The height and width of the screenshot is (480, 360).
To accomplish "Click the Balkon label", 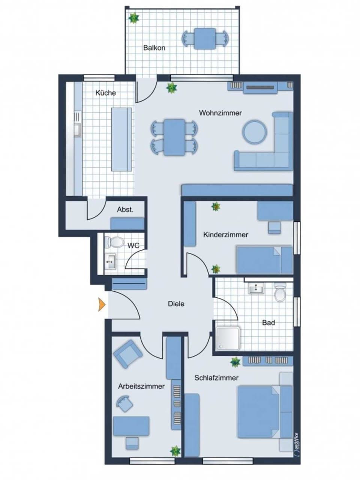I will (154, 48).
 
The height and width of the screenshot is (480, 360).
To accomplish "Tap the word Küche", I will (105, 93).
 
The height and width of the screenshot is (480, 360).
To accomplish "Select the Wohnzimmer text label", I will (220, 113).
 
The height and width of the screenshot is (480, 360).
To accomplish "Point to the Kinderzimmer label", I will (226, 235).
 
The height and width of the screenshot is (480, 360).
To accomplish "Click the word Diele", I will (176, 304).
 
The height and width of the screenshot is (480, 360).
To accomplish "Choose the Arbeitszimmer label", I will (141, 386).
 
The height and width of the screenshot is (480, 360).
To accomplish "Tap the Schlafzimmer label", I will (216, 378).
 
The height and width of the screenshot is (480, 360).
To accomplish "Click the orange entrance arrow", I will (101, 304).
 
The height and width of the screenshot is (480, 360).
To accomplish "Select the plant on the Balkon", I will (133, 18).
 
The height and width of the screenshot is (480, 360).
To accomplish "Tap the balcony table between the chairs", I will (205, 39).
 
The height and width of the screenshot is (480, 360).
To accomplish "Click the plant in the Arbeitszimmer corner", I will (175, 450).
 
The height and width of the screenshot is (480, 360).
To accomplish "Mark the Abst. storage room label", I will (125, 210).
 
